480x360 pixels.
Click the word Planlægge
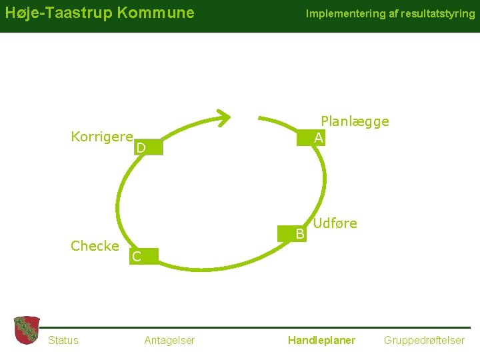tap(355, 121)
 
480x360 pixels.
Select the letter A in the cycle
tap(319, 138)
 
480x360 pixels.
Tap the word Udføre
tap(335, 223)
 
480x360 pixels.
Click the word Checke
tap(95, 246)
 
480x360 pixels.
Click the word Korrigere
tap(102, 137)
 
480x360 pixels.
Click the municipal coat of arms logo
tap(27, 330)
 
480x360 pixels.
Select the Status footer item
tap(63, 341)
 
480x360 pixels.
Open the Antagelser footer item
tap(169, 341)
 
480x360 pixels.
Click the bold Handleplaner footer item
tap(321, 341)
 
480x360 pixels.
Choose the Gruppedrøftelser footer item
tap(424, 341)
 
